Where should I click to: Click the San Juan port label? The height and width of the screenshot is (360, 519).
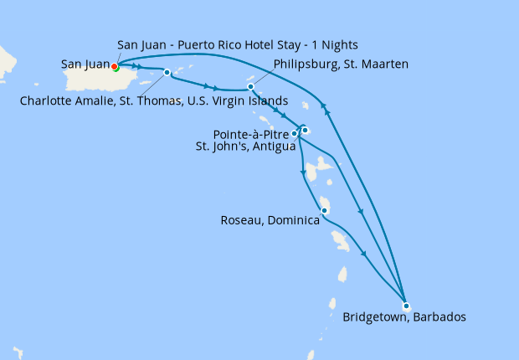85,64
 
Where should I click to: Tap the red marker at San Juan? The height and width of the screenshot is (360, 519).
115,67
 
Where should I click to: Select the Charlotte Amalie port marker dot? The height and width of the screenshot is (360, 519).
167,72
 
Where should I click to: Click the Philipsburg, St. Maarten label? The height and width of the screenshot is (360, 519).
340,64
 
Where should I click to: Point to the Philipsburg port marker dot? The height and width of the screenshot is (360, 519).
250,86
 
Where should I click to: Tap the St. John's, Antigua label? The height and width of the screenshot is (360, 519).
245,147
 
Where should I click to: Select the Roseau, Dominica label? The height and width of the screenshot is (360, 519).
270,221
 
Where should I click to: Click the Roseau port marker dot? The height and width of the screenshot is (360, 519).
323,210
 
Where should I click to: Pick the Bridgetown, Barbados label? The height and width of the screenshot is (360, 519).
403,317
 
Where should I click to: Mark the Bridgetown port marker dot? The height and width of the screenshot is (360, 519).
405,305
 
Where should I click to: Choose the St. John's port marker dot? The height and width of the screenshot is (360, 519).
306,130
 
